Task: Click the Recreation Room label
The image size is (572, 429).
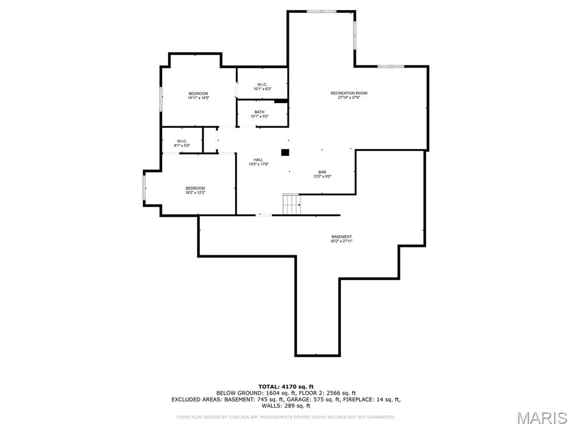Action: (x=349, y=93)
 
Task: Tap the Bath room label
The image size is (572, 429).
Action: (x=260, y=112)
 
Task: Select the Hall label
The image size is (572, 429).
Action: (x=258, y=160)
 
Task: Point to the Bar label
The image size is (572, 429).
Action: (x=322, y=172)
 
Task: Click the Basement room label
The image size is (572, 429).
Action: (x=341, y=237)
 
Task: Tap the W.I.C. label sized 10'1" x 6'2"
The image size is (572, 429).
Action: (x=262, y=84)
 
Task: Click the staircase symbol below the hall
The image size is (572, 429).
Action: (x=292, y=204)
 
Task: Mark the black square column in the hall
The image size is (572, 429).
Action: (x=285, y=152)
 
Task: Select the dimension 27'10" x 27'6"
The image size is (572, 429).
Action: (x=349, y=98)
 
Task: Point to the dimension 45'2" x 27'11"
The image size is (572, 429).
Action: (x=341, y=241)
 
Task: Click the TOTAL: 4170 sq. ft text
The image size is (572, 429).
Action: (x=285, y=387)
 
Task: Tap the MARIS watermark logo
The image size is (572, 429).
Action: (x=542, y=418)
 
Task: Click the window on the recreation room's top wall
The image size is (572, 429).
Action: (x=322, y=11)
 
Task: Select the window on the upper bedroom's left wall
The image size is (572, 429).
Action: (x=161, y=98)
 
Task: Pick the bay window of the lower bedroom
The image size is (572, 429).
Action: (x=145, y=188)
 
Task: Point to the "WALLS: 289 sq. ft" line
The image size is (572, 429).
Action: (x=286, y=406)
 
